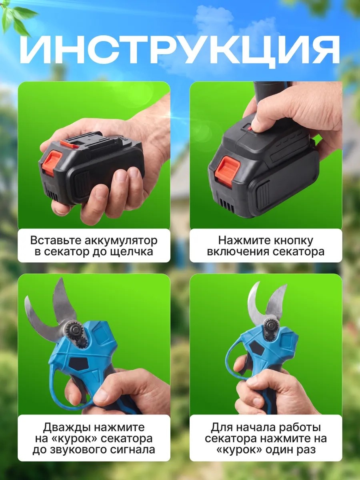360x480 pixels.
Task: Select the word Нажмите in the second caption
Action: click(x=242, y=240)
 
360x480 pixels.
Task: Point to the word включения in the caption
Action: click(x=235, y=252)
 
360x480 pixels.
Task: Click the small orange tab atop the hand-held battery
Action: click(x=69, y=144)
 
